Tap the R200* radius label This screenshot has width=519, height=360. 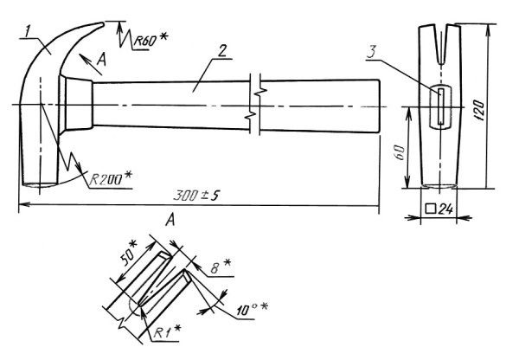click(x=111, y=177)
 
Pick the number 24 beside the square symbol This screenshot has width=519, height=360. click(x=445, y=208)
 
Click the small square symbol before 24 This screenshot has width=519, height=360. click(x=430, y=208)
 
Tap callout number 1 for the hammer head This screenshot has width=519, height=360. click(x=28, y=31)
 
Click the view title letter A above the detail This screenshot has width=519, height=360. click(x=172, y=222)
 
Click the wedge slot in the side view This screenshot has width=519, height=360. click(x=440, y=104)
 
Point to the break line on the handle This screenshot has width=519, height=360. click(x=254, y=103)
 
